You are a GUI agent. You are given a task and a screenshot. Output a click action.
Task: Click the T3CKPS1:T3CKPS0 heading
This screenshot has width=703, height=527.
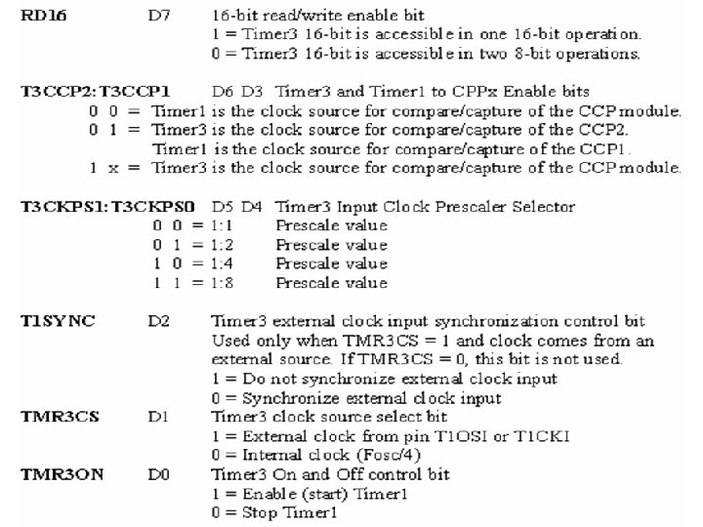[86, 206]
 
